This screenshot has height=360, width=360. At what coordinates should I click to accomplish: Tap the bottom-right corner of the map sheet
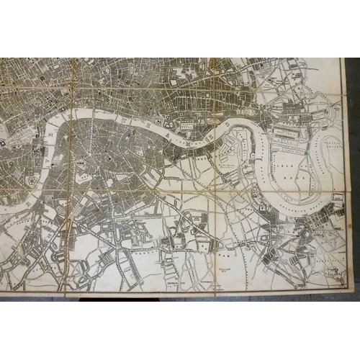344,293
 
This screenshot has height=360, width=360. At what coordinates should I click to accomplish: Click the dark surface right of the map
352,180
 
